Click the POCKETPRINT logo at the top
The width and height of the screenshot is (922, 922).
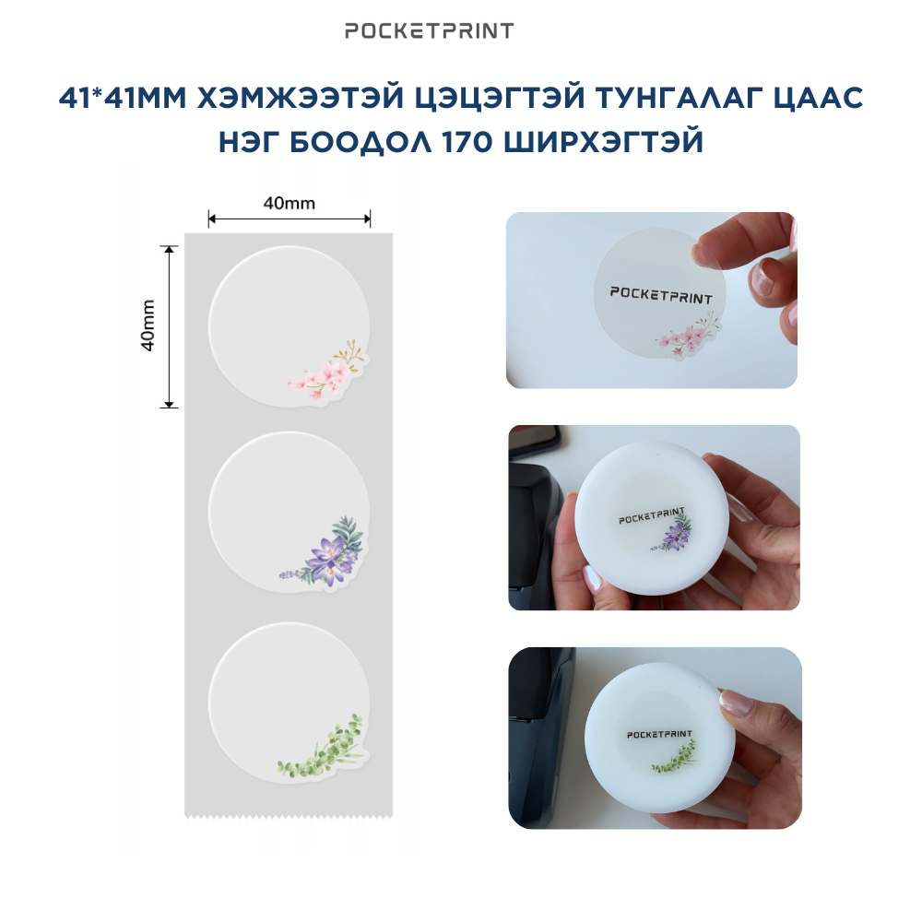point(430,30)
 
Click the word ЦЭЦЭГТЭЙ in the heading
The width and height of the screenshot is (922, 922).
point(500,98)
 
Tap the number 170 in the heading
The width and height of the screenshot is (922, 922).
point(467,142)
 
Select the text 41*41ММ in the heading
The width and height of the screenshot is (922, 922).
point(123,99)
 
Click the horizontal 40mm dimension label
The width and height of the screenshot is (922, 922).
point(289,203)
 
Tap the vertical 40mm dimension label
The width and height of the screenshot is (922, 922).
point(148,325)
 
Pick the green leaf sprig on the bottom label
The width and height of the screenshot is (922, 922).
point(321,747)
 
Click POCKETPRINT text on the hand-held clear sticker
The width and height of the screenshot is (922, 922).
point(661,295)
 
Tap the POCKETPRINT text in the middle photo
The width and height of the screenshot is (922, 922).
point(652,515)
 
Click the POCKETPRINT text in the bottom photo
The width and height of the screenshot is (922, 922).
point(659,734)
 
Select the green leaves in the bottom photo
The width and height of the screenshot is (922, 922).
point(674,759)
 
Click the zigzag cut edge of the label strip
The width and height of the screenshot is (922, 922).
point(289,815)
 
